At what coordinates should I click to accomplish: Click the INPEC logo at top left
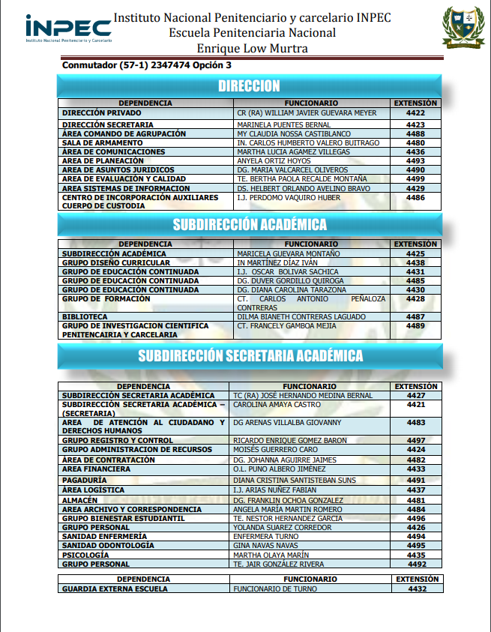coord(67,28)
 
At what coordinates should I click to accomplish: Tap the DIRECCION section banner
coord(249,86)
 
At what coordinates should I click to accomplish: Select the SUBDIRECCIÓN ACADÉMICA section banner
coord(249,224)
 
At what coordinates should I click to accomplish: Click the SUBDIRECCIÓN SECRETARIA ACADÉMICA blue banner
coord(250,355)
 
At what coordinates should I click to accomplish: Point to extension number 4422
coord(415,113)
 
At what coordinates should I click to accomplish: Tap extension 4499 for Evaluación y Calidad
coord(415,179)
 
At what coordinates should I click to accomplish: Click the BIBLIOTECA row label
coord(85,316)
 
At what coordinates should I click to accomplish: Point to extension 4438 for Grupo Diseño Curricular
coord(415,263)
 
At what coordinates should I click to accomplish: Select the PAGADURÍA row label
coord(84,480)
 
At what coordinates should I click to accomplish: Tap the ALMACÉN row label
coord(79,500)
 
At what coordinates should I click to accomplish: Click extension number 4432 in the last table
coord(417,589)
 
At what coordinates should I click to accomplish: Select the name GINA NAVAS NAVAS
coord(265,545)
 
